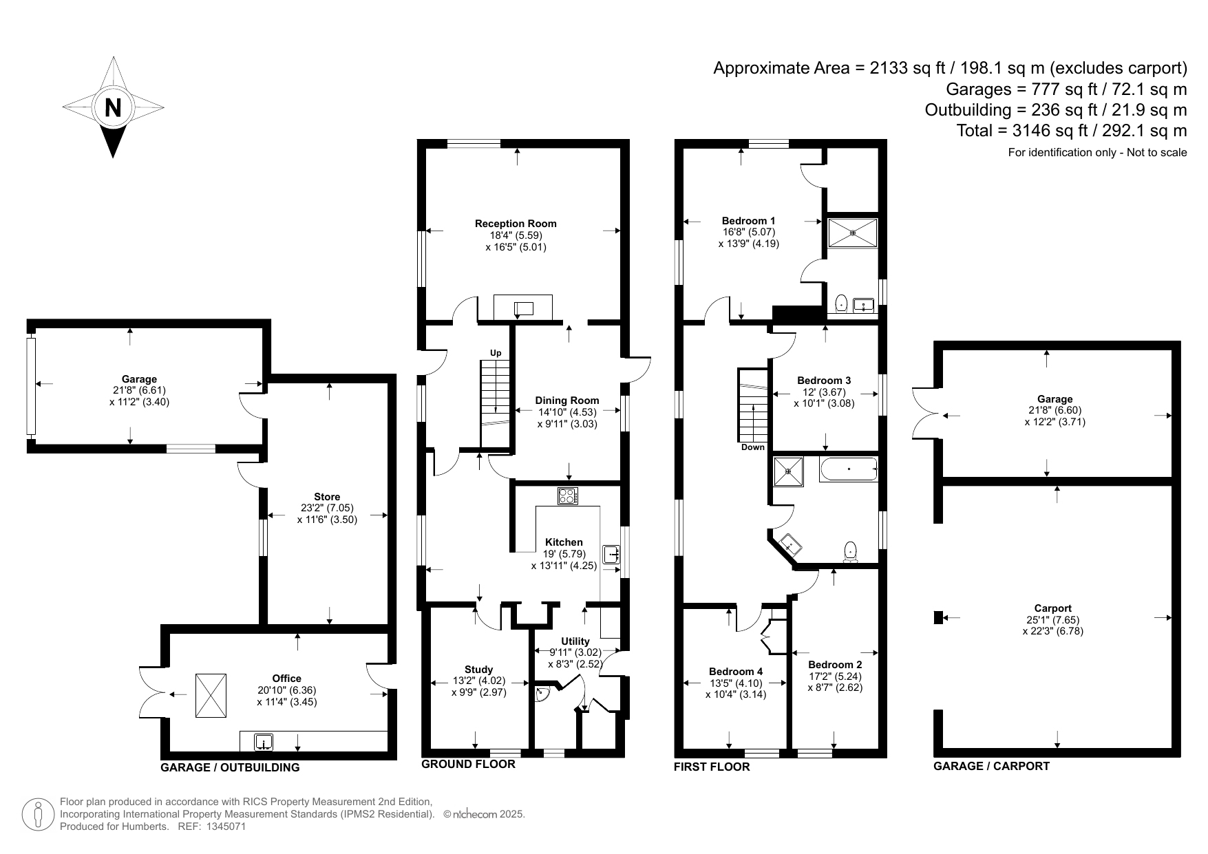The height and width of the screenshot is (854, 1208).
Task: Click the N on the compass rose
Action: coord(113,108)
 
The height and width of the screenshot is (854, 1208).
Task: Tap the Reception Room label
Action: coord(516,224)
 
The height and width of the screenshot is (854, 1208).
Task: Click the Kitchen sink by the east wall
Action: coord(611,555)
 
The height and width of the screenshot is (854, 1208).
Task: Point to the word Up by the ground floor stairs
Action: coord(496,353)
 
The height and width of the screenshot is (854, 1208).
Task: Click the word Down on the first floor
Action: coord(753,447)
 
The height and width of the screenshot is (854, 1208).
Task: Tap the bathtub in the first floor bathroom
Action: coord(849,469)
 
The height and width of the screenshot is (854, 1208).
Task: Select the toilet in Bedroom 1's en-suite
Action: coord(841,303)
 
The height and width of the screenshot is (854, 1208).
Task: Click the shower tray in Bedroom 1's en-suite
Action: coord(853,233)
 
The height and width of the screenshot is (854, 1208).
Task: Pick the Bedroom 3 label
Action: coord(824,381)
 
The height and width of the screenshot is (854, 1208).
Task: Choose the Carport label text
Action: coord(1053,608)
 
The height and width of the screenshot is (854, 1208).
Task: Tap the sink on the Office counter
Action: coord(264,743)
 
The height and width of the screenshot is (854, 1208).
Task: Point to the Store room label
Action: coord(327,497)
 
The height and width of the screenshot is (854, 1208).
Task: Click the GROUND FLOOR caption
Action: coord(468,764)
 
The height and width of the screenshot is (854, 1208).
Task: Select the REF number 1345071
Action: coord(226,826)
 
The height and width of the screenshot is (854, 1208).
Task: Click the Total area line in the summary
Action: coord(1072,131)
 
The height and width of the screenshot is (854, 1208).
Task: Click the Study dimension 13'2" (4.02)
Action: coord(478,681)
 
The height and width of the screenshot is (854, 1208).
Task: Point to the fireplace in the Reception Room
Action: coord(523,308)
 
